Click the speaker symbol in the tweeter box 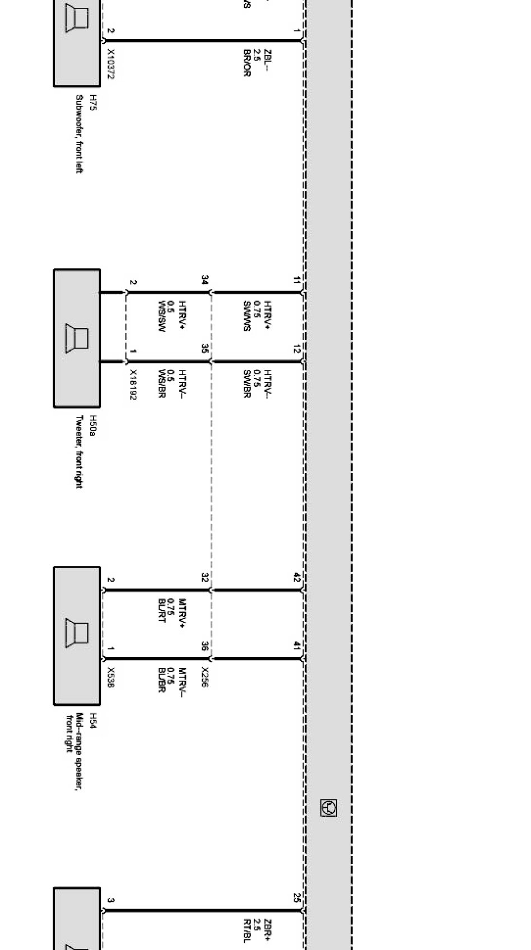[x=77, y=338]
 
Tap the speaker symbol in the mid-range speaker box [x=77, y=633]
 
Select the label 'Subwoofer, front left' [x=79, y=134]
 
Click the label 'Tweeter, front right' [x=79, y=451]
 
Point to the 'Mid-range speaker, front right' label [x=74, y=751]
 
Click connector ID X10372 [x=110, y=64]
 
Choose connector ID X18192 [x=133, y=384]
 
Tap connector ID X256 [x=204, y=676]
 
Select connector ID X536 [x=110, y=677]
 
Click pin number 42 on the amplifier [x=297, y=578]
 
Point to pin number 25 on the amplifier [x=297, y=897]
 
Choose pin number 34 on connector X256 [x=205, y=279]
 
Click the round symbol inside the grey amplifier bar [x=328, y=808]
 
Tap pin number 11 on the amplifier [x=297, y=280]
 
